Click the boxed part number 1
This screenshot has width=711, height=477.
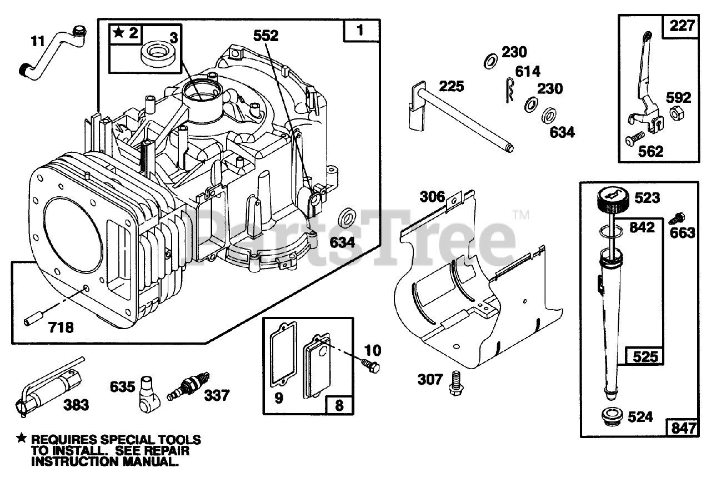360,31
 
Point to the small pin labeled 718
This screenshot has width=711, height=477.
31,322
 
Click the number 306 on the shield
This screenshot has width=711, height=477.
432,196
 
